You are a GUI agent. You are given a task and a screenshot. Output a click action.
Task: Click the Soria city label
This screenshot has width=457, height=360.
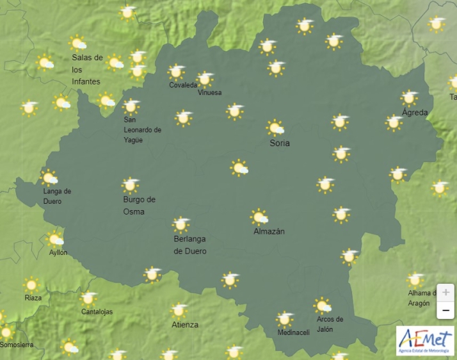click(280, 143)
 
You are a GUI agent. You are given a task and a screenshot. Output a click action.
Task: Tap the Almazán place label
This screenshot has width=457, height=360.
click(269, 231)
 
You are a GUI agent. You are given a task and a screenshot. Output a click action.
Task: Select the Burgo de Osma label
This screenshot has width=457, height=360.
click(139, 206)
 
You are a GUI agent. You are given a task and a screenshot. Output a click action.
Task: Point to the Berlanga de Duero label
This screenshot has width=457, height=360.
click(190, 245)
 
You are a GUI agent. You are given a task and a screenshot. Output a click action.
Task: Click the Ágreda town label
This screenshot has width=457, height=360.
click(414, 113)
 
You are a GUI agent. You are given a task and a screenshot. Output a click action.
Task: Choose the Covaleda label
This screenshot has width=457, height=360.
click(183, 85)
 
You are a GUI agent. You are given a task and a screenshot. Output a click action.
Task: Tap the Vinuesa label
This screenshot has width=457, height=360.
click(209, 93)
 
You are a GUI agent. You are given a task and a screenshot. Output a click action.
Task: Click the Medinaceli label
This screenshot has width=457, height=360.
click(293, 332)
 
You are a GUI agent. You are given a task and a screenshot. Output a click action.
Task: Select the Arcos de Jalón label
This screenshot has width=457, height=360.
click(330, 324)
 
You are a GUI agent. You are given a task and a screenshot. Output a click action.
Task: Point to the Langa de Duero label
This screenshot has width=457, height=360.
click(57, 196)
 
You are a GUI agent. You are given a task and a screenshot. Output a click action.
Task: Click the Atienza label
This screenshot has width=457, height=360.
click(185, 325)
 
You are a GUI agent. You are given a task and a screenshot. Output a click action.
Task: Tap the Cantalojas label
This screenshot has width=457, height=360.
click(97, 312)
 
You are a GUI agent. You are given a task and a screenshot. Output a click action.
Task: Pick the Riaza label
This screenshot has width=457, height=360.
click(33, 298)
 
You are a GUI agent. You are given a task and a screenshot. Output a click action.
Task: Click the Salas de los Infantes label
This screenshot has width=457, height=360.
click(87, 69)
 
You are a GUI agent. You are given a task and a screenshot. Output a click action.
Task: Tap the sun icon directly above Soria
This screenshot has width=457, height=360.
click(275, 127)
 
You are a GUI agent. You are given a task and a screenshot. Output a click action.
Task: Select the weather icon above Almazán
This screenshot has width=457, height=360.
click(259, 217)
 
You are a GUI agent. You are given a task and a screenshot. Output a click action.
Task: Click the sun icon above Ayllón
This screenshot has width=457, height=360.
click(56, 239)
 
